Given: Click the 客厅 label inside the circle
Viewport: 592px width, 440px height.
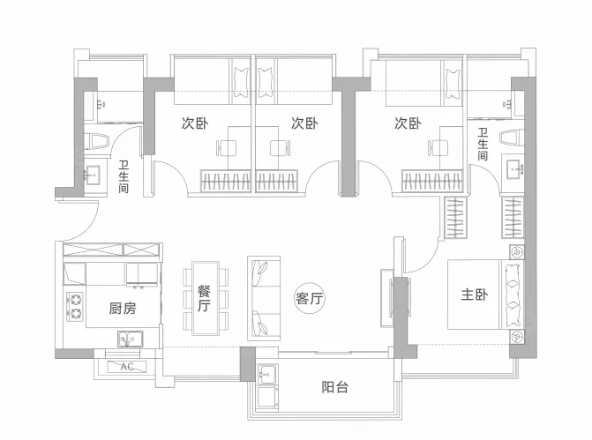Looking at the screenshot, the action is coord(309,299).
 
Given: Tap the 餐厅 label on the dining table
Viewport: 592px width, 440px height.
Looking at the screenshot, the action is coord(205,298).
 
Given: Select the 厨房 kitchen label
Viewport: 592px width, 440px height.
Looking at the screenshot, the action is coord(123,309).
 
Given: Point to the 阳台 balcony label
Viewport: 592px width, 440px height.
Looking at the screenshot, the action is coord(335,387).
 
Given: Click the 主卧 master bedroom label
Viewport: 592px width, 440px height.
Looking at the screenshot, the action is coord(474,295).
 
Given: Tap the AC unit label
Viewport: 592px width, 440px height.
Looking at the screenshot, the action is coord(127,367).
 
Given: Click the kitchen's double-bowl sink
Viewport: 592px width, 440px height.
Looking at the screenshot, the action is coord(131,339).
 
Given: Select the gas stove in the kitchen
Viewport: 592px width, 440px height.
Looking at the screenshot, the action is coord(76,307).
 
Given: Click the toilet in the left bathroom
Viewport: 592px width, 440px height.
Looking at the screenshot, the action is coord(97,141).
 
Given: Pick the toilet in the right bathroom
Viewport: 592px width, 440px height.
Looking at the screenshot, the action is coord(512,137).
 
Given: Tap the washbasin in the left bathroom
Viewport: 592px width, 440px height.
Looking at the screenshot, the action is coord(93,175).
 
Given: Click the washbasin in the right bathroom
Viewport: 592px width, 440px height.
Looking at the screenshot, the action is coord(513,168).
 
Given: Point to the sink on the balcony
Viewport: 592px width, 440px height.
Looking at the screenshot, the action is coord(267,374).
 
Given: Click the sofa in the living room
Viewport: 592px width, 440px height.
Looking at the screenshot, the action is coord(264,299).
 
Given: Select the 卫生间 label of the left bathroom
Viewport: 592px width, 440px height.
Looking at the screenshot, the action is coord(124,176).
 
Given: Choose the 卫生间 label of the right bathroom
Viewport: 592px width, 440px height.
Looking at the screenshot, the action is coord(483,144).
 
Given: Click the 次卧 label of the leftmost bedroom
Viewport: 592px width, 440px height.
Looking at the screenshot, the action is coord(195,123).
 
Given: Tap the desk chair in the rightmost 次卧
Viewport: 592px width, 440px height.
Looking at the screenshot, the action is coord(438,147).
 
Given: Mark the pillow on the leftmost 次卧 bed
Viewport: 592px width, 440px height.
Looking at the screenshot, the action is coord(241,83).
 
